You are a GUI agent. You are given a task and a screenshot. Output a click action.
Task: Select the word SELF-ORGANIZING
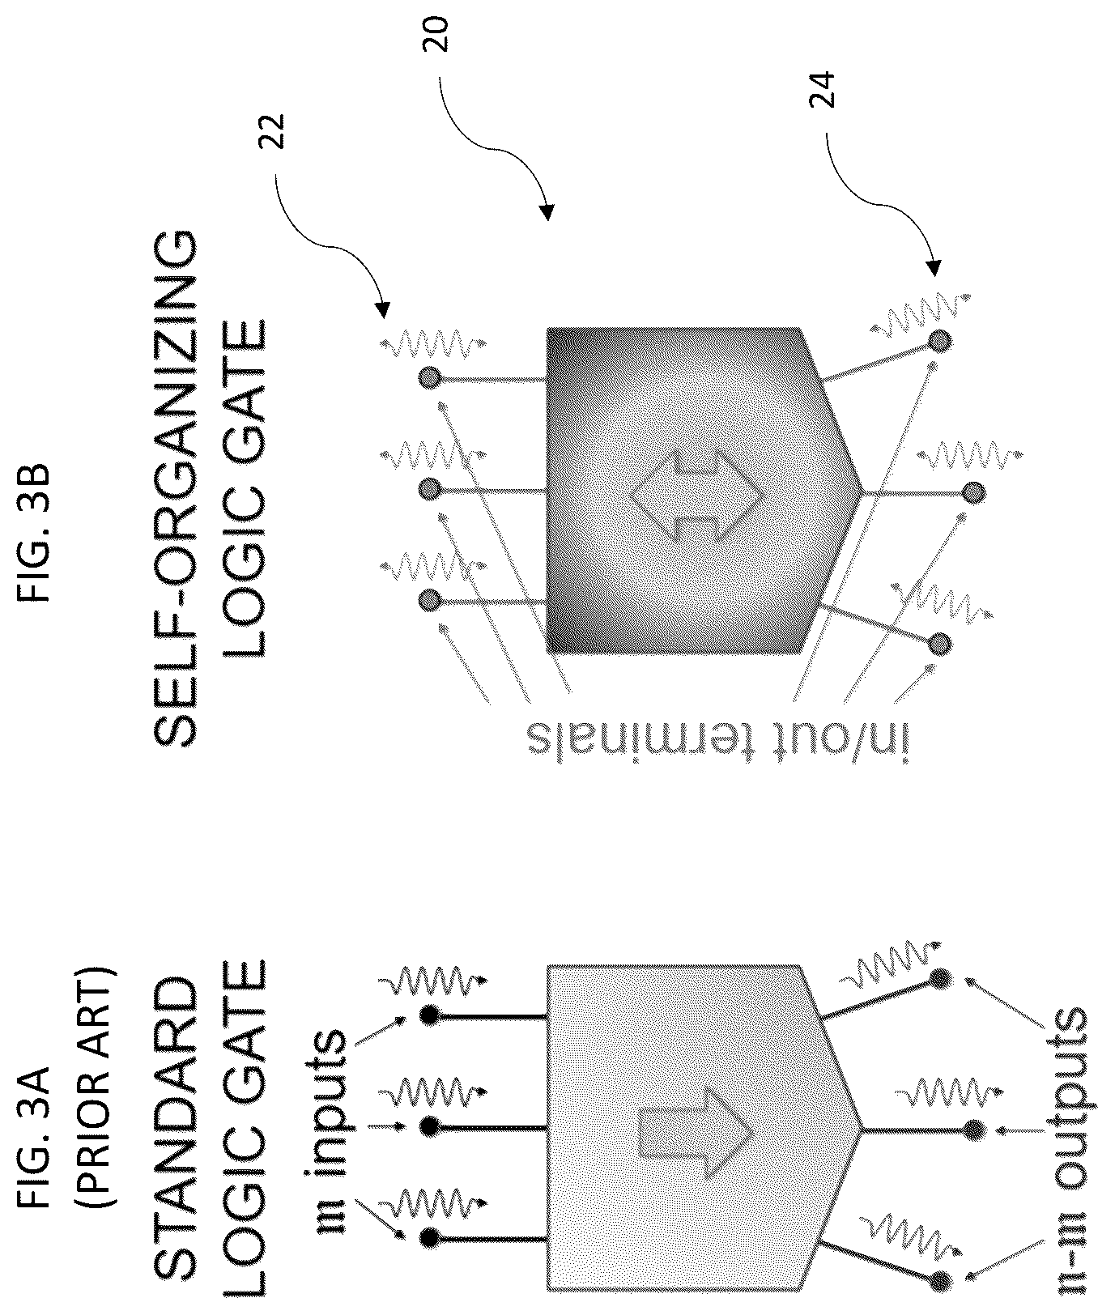click(172, 489)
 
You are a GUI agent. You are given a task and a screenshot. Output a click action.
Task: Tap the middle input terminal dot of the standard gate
click(430, 1126)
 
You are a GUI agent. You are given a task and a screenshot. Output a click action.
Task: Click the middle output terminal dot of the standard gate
click(974, 1129)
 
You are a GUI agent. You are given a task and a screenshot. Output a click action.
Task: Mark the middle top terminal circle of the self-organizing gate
click(430, 489)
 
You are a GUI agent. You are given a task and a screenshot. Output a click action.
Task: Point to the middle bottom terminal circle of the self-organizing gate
click(975, 492)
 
